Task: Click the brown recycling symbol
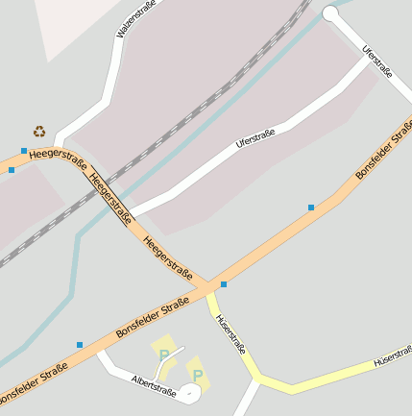39,132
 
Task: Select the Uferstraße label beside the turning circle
377,60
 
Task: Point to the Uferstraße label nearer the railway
255,139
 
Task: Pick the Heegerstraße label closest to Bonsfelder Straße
167,257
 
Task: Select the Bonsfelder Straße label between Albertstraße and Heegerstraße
152,318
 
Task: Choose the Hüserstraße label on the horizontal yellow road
392,357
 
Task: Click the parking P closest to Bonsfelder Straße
164,355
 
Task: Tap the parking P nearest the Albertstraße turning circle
198,375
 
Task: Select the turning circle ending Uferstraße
331,13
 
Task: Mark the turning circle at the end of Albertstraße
191,393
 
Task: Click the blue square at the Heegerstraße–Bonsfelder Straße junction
223,284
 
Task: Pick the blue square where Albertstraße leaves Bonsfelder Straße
80,345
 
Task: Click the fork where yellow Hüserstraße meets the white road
257,380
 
